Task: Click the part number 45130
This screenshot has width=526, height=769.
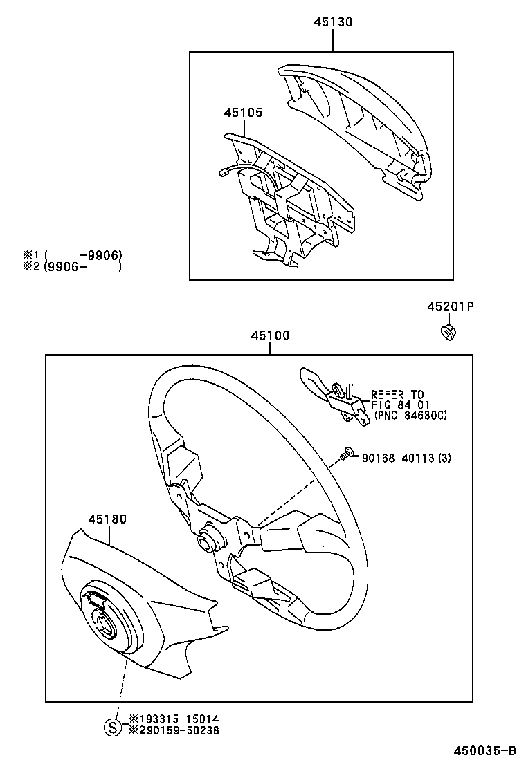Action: coord(332,22)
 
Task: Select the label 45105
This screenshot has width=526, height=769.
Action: coord(242,112)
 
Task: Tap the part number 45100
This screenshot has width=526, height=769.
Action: coord(270,335)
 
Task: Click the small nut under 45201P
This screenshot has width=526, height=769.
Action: coord(447,332)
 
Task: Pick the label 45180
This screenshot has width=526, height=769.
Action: coord(107,519)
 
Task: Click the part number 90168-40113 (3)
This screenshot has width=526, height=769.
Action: coord(406,458)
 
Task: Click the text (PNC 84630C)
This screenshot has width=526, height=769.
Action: coord(410,415)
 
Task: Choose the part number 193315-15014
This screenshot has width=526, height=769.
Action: coord(170,719)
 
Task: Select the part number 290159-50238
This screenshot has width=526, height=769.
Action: coord(170,730)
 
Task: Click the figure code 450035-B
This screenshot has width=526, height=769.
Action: coord(484,751)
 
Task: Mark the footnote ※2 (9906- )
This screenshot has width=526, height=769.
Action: coord(73,266)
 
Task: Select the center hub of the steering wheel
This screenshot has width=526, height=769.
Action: coord(208,542)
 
